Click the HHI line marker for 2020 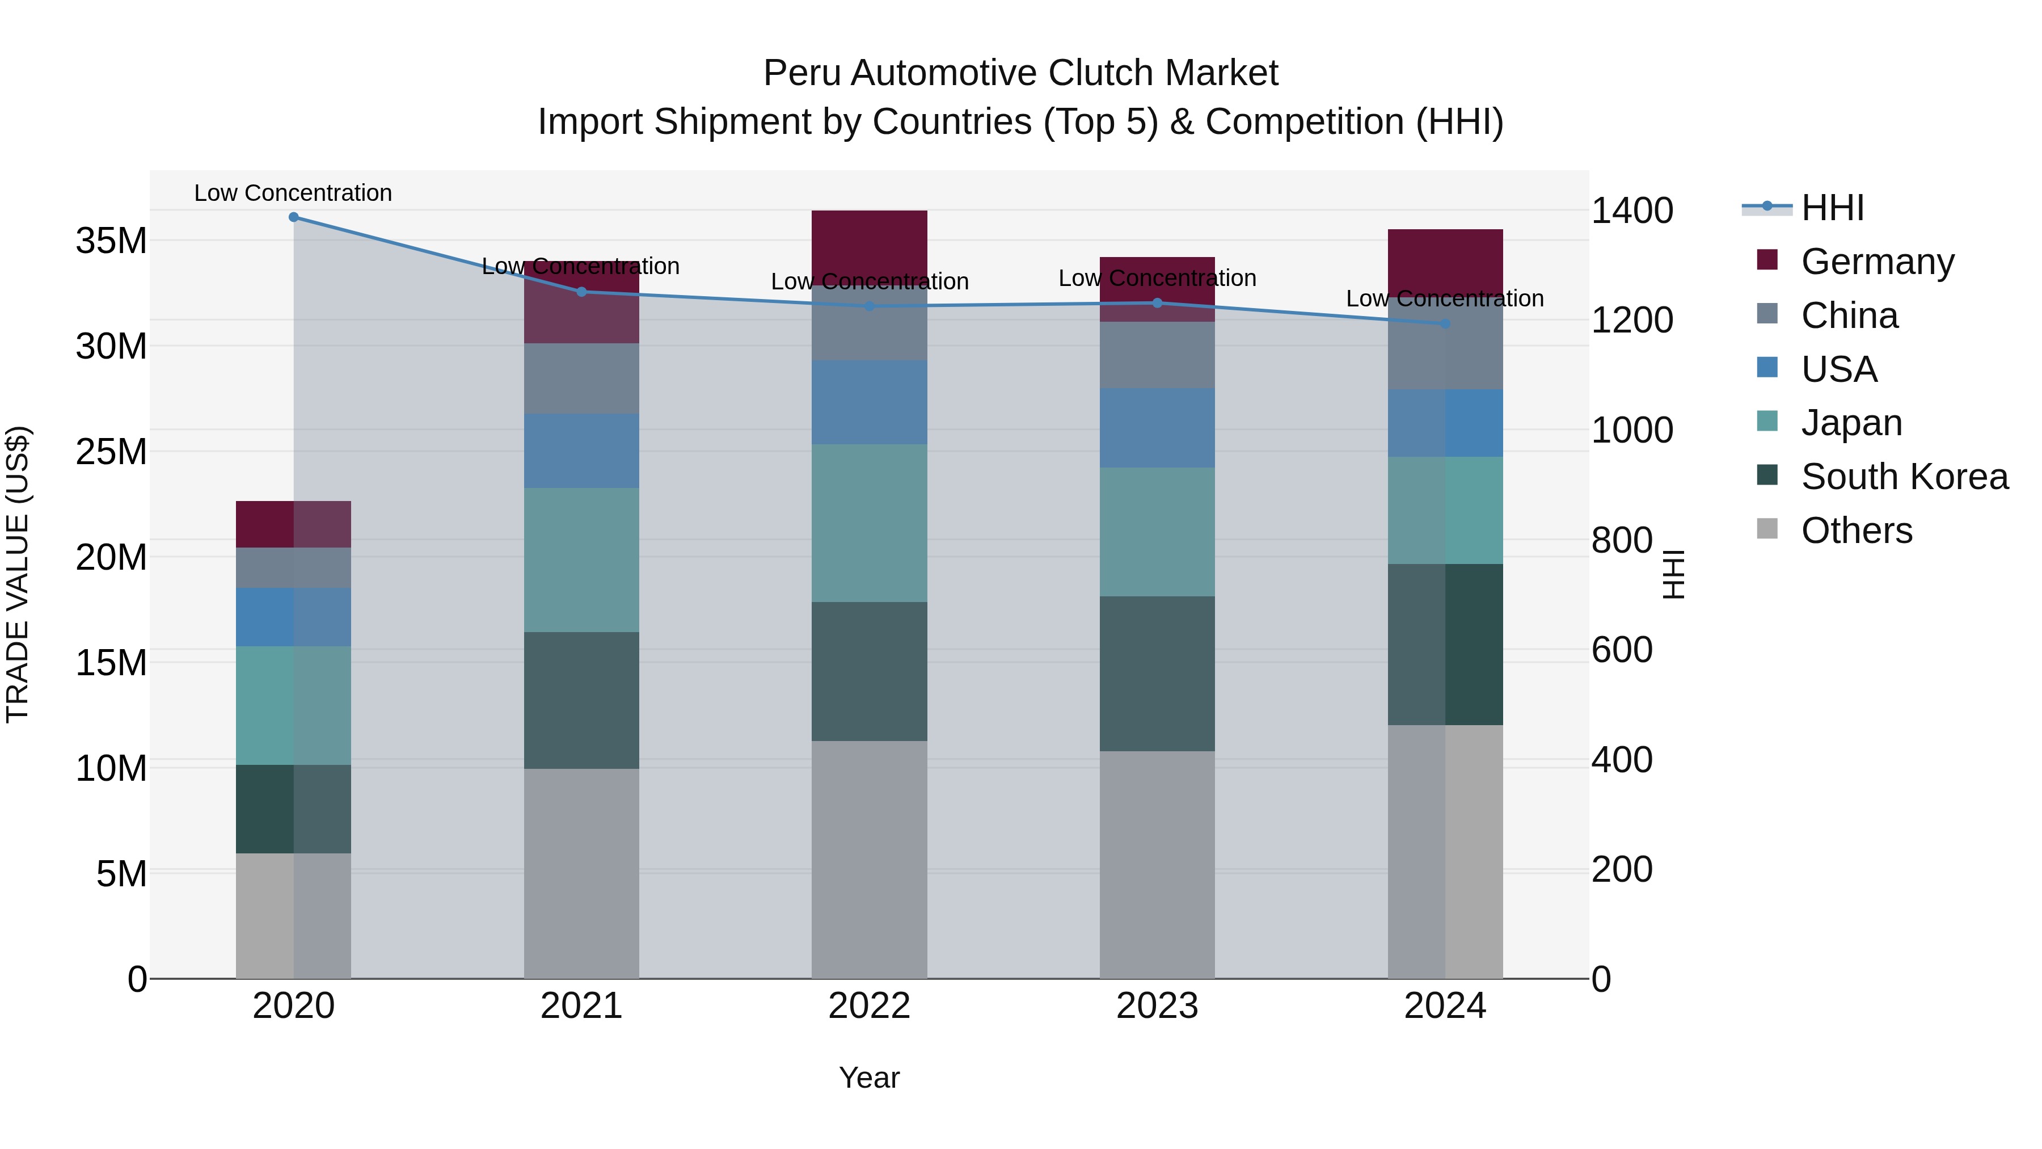(293, 217)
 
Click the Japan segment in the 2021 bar (581, 560)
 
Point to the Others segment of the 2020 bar (293, 916)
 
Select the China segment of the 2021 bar (581, 378)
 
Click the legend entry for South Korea (1904, 477)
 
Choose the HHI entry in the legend (1832, 208)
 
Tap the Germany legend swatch (1767, 260)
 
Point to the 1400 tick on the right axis (1631, 211)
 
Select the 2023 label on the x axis (1157, 1006)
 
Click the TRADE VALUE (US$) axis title (18, 574)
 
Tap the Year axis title (869, 1078)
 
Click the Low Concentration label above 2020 (293, 193)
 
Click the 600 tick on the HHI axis (1621, 650)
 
